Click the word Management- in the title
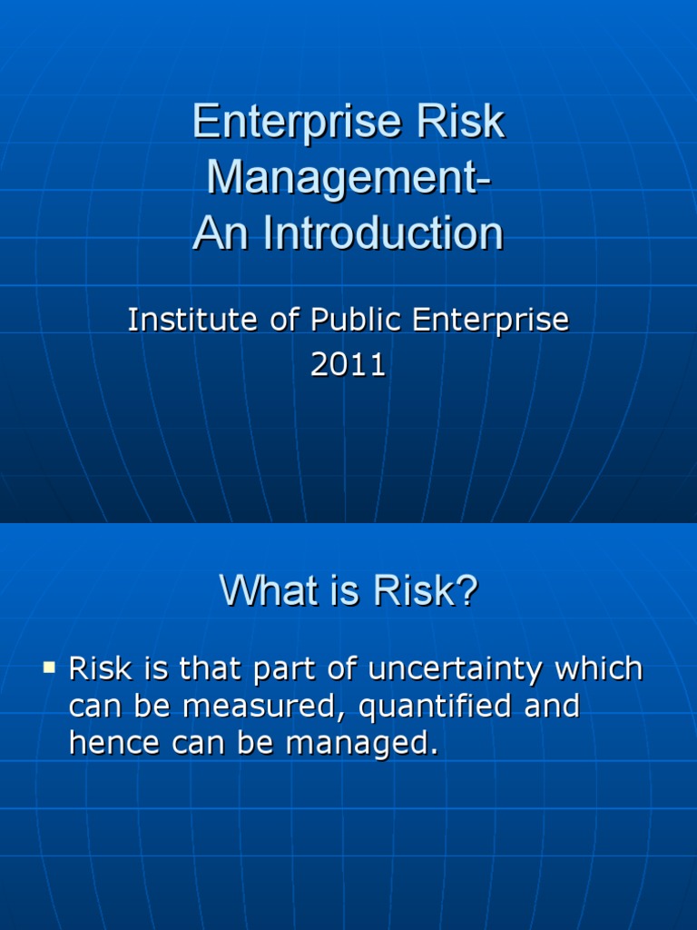click(348, 178)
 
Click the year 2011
click(348, 365)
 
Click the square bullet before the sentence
click(49, 669)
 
